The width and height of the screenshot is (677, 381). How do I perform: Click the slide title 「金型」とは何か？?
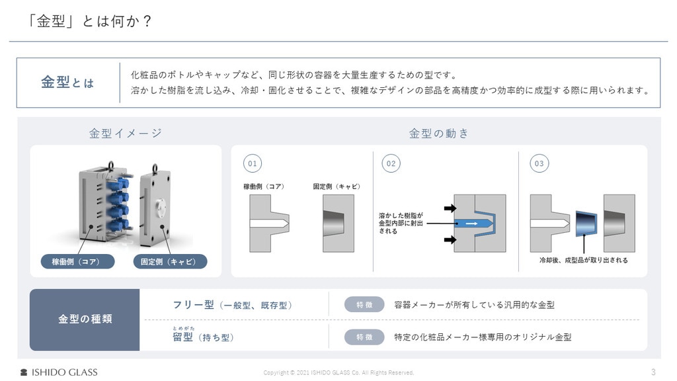[89, 21]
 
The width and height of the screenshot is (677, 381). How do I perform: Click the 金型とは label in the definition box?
[67, 82]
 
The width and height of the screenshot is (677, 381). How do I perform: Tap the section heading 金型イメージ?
[125, 133]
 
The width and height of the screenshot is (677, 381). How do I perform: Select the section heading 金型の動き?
[438, 133]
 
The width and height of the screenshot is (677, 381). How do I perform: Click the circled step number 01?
[253, 164]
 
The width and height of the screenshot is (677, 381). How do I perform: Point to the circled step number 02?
[391, 164]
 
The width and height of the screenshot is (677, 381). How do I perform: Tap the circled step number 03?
[539, 164]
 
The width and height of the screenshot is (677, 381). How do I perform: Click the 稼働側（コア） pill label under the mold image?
[78, 261]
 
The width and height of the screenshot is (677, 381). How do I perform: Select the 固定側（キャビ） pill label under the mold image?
[170, 261]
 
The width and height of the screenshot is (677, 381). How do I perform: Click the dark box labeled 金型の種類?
[85, 319]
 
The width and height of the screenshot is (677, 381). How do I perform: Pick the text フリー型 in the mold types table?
[193, 305]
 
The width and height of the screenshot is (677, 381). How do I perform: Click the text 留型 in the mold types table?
[182, 337]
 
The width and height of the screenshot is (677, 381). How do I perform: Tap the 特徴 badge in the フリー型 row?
[364, 304]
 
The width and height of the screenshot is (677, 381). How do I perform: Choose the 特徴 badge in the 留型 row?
[364, 337]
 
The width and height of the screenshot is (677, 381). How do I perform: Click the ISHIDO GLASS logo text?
[64, 372]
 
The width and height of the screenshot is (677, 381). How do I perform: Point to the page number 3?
[653, 372]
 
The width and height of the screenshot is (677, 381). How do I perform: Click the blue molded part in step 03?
[586, 224]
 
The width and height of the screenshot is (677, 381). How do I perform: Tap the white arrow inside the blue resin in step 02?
[471, 224]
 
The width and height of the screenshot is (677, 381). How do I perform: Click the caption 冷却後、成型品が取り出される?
[583, 260]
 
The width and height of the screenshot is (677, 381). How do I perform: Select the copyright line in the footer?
[338, 372]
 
